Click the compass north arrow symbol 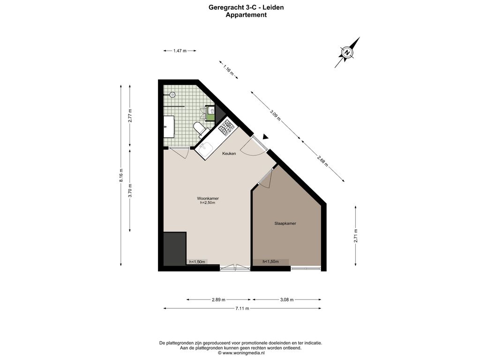347,52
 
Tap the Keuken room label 229,153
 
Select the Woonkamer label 208,198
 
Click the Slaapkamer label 285,224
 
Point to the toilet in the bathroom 200,128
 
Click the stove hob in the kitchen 226,127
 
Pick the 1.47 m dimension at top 180,50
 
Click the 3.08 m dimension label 286,300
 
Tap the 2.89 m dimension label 218,300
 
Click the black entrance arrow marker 265,137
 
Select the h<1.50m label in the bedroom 271,262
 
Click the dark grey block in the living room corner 174,247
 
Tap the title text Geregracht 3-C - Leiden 246,7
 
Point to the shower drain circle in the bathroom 172,95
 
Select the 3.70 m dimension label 130,190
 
